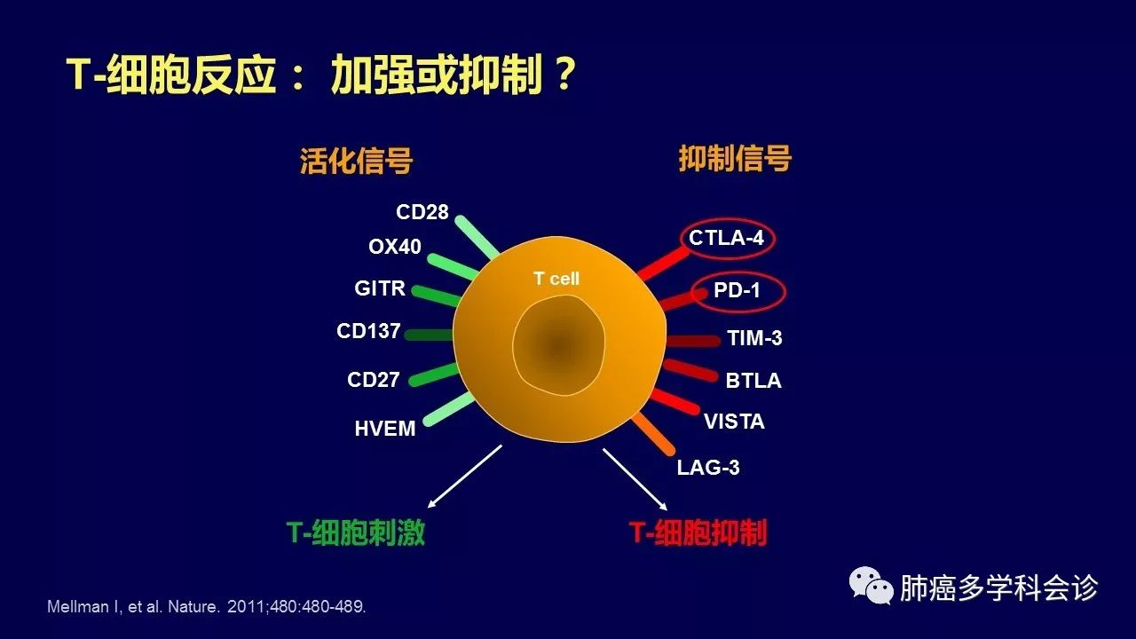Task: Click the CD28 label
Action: pos(422,212)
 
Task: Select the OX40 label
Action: pos(395,247)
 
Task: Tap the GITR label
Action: pos(380,288)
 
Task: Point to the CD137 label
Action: pos(368,331)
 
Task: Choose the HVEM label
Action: pos(385,429)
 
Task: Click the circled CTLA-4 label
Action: pos(726,238)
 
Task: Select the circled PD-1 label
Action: pos(737,290)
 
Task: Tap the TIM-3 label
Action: pos(754,338)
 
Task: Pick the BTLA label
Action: pos(753,381)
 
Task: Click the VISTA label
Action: pos(734,422)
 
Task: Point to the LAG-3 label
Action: pos(708,468)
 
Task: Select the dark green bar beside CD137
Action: pos(429,335)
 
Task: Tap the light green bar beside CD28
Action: pos(477,237)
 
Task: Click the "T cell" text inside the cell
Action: pos(556,279)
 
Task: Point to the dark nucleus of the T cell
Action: pos(558,346)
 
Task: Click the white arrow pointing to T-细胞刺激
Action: pos(465,477)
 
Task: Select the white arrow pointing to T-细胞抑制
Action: pos(635,479)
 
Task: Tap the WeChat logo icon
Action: pos(871,586)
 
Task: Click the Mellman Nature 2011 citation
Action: pos(207,606)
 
